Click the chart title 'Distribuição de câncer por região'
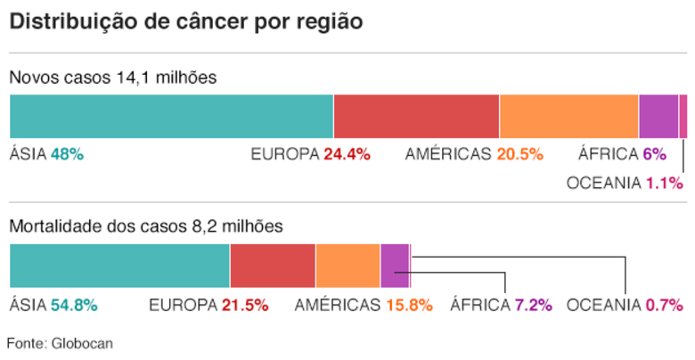click(x=186, y=22)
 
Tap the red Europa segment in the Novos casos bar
click(x=416, y=116)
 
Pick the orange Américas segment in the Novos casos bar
click(x=568, y=116)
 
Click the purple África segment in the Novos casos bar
click(x=658, y=116)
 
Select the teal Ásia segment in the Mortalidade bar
click(x=119, y=266)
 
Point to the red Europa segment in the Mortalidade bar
click(x=273, y=266)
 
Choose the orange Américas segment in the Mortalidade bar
click(x=347, y=266)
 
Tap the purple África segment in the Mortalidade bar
click(x=394, y=266)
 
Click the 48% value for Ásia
click(x=67, y=154)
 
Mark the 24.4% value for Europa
click(x=347, y=154)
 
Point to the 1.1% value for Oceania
click(x=664, y=184)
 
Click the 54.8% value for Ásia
click(x=74, y=305)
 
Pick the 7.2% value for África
click(x=534, y=305)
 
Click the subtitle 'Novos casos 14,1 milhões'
click(x=112, y=78)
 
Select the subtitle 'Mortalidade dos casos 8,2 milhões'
click(x=146, y=227)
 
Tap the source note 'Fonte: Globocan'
click(x=60, y=343)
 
